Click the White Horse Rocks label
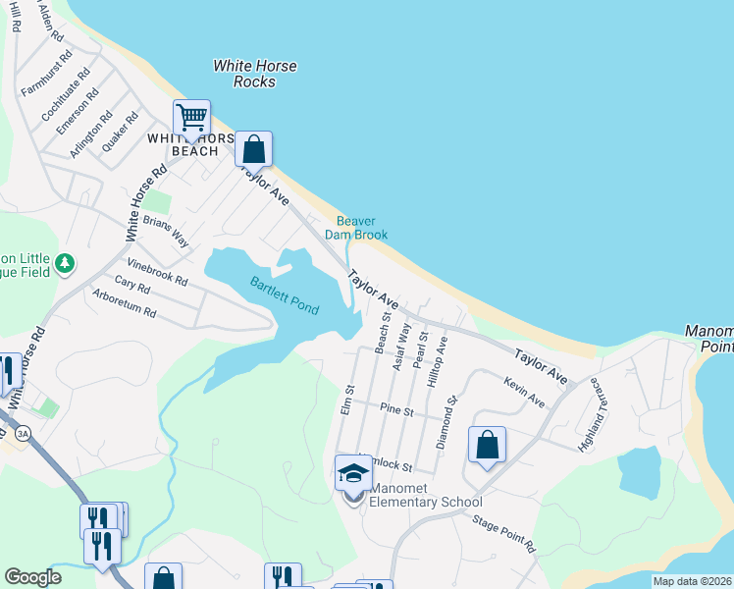coord(255,74)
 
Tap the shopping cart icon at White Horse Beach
coord(192,118)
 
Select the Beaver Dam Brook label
coord(362,228)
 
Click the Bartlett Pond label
coord(284,294)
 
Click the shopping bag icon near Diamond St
coord(487,446)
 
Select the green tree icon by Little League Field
coord(65,263)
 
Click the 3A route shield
coord(22,430)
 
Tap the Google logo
coord(33,576)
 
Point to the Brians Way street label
coord(166,231)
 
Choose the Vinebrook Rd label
coord(157,271)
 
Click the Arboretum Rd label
coord(125,303)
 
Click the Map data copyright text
coord(692,581)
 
